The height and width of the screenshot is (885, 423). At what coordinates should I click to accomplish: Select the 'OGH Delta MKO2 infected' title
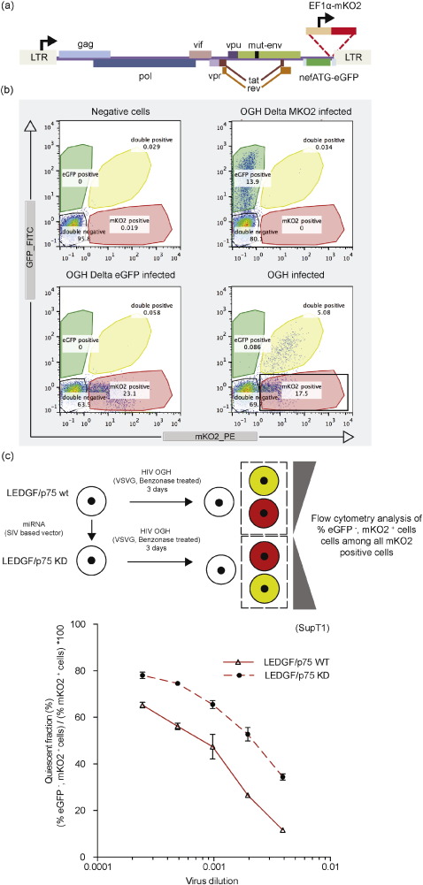click(x=275, y=108)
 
